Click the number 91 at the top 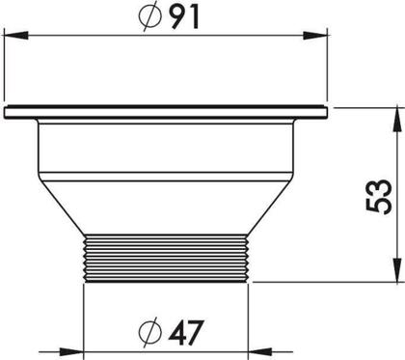coord(183,17)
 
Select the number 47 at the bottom coord(186,332)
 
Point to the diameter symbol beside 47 coord(150,332)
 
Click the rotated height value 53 coord(378,197)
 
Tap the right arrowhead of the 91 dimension coord(315,36)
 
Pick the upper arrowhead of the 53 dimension coord(398,120)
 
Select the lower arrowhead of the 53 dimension coord(398,270)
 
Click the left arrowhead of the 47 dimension coord(70,352)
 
